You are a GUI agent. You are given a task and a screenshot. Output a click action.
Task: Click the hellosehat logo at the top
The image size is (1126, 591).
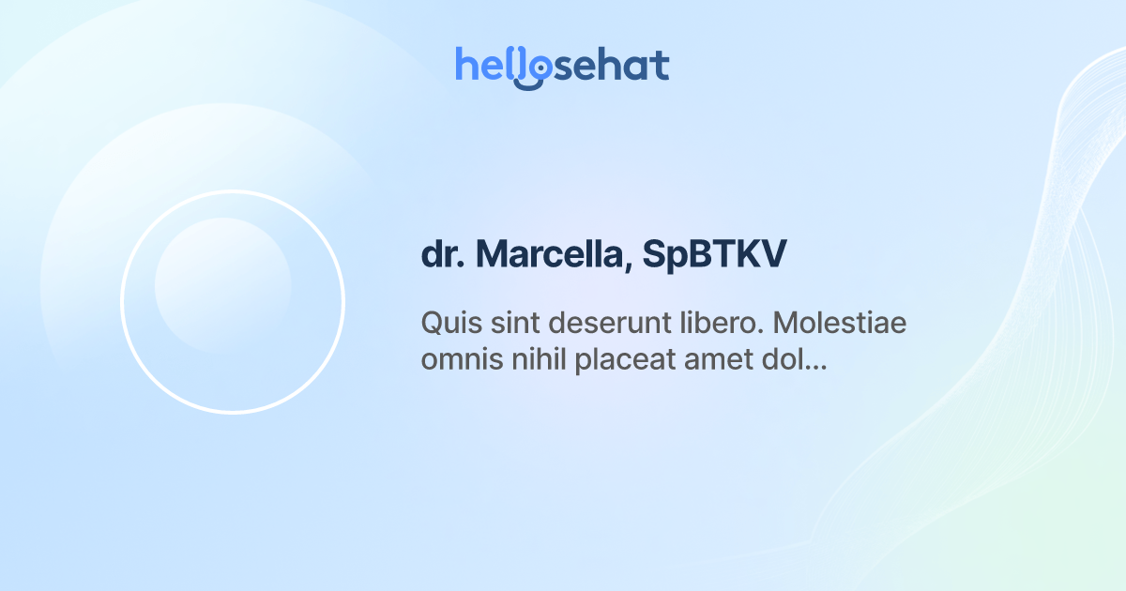pos(562,66)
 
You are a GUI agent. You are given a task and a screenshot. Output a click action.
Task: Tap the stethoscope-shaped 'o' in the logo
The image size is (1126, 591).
pos(532,68)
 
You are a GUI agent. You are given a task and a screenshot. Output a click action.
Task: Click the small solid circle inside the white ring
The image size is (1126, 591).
pos(222,285)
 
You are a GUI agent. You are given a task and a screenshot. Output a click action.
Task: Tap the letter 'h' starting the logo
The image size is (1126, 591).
pos(466,66)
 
